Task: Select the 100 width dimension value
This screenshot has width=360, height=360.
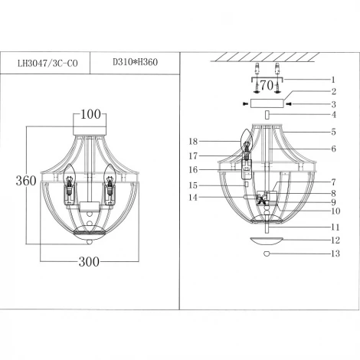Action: [x=90, y=116]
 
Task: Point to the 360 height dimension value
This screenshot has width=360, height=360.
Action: [x=26, y=182]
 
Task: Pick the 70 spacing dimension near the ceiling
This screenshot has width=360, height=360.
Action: [x=267, y=86]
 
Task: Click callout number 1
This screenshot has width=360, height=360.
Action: [x=332, y=79]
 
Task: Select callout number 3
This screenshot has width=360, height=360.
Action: [x=332, y=103]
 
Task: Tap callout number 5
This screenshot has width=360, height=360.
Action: [x=332, y=132]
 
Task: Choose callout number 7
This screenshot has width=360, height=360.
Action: [x=332, y=182]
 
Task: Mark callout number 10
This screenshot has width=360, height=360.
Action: [x=332, y=211]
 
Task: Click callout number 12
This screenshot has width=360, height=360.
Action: [x=332, y=241]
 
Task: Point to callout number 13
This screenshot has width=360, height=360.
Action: [x=332, y=254]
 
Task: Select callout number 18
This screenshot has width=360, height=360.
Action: [x=193, y=141]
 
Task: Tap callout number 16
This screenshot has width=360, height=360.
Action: [x=193, y=170]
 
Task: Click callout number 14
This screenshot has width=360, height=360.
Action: [x=193, y=198]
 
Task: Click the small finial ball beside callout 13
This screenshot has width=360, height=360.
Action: [x=266, y=254]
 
